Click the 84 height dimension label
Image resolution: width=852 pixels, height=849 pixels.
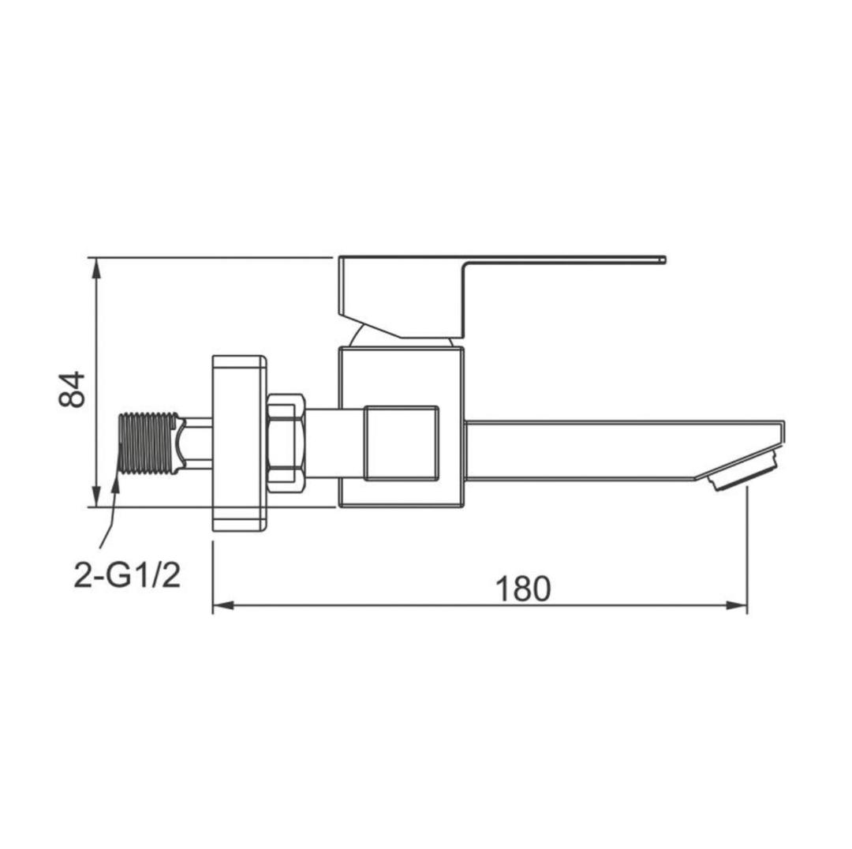[72, 389]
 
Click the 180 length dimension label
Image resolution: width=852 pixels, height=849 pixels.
[523, 589]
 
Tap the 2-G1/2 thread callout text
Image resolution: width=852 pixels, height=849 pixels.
[127, 576]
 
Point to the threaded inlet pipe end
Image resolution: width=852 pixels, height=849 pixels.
[148, 443]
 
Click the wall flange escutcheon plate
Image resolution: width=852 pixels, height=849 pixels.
[239, 443]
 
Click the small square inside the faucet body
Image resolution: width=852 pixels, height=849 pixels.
[402, 443]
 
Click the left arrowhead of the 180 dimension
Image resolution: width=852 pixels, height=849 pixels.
[222, 605]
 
